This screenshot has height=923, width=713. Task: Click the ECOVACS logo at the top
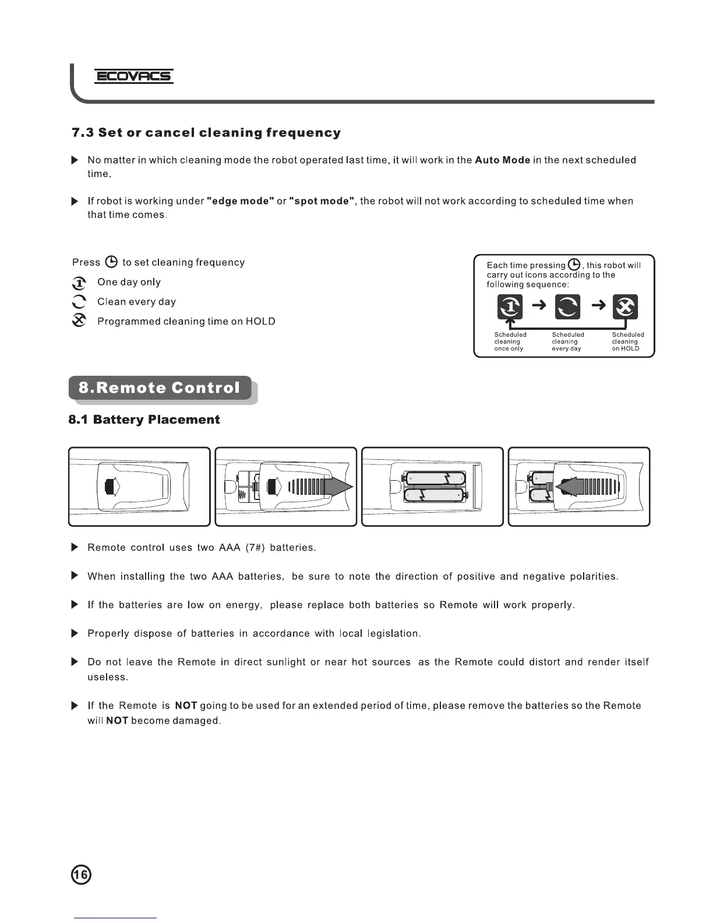(134, 76)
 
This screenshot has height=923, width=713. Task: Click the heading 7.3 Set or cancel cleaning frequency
(206, 133)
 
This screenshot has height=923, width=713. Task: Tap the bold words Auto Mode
(502, 160)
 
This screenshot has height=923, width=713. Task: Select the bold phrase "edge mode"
(241, 201)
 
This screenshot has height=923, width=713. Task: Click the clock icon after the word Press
(111, 262)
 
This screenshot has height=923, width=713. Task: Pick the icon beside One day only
(79, 283)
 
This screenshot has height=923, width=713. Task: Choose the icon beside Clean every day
(79, 302)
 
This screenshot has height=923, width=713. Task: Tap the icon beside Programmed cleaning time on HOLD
(79, 321)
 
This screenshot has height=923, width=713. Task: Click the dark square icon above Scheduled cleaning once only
(510, 307)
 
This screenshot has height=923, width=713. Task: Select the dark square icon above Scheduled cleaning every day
(567, 307)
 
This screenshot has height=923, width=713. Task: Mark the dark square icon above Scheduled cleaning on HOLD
(626, 307)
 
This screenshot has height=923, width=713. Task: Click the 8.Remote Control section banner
(160, 388)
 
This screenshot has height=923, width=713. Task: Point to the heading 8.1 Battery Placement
(144, 420)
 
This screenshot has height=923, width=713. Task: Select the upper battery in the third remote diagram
(435, 478)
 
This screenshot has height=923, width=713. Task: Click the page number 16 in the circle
(81, 875)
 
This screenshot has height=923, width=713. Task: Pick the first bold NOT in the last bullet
(186, 706)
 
